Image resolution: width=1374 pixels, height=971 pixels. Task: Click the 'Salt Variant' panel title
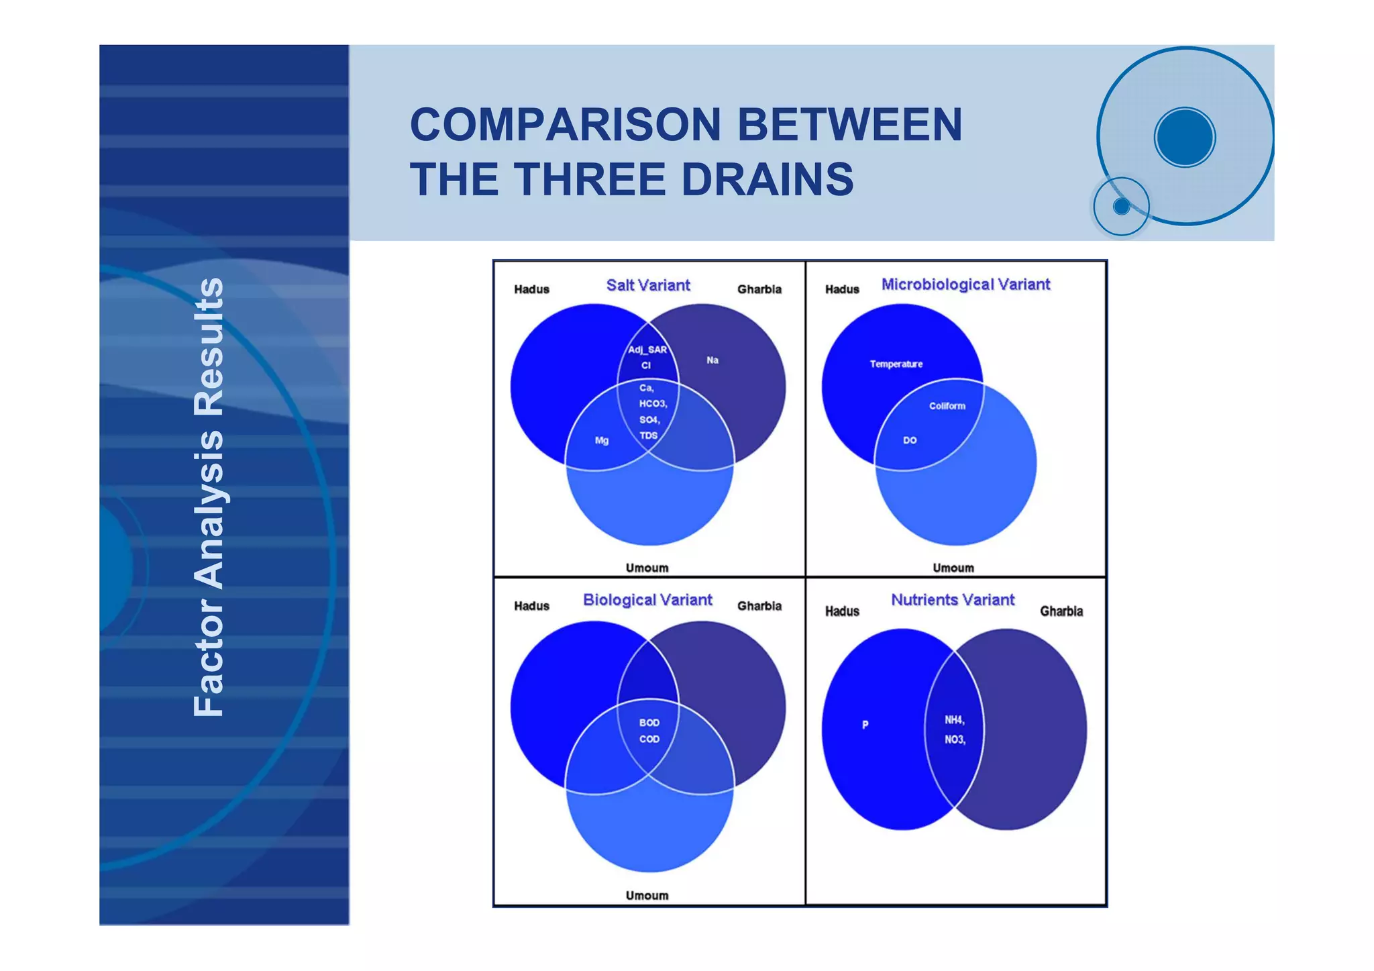pyautogui.click(x=647, y=285)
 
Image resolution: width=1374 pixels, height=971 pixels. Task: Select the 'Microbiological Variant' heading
pyautogui.click(x=965, y=285)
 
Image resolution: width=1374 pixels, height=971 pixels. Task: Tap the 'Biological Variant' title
pyautogui.click(x=647, y=600)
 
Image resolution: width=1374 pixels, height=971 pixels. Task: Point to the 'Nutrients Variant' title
pyautogui.click(x=952, y=600)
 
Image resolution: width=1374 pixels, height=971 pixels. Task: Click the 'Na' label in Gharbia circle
pyautogui.click(x=712, y=360)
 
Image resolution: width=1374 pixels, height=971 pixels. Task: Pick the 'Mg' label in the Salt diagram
pyautogui.click(x=601, y=441)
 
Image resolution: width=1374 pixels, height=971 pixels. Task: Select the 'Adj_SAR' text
pyautogui.click(x=647, y=350)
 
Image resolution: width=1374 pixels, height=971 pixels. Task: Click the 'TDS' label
pyautogui.click(x=648, y=436)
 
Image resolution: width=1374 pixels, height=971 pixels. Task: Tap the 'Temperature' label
pyautogui.click(x=896, y=364)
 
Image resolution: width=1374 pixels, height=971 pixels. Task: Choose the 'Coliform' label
pyautogui.click(x=947, y=406)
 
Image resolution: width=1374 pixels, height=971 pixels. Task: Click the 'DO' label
pyautogui.click(x=909, y=441)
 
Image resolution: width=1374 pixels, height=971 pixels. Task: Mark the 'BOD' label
pyautogui.click(x=649, y=723)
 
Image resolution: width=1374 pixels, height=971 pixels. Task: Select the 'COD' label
pyautogui.click(x=649, y=739)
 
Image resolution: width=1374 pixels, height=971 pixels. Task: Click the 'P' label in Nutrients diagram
pyautogui.click(x=865, y=725)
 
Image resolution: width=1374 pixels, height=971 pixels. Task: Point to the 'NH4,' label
pyautogui.click(x=954, y=720)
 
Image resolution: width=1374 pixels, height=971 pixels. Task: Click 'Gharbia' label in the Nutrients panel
pyautogui.click(x=1061, y=611)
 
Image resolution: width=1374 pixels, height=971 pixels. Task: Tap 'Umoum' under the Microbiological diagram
pyautogui.click(x=953, y=568)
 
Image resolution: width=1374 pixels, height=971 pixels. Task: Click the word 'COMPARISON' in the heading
pyautogui.click(x=565, y=125)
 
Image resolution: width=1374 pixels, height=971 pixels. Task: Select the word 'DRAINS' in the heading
pyautogui.click(x=767, y=180)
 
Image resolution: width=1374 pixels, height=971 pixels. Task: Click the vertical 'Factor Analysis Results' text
pyautogui.click(x=208, y=497)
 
